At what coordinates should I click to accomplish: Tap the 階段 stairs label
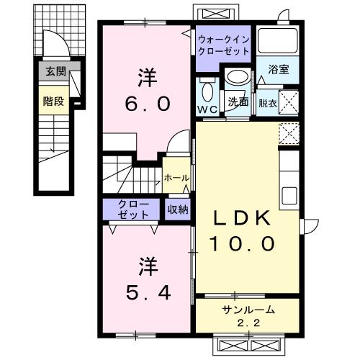(x=53, y=102)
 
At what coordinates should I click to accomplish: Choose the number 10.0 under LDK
(x=243, y=244)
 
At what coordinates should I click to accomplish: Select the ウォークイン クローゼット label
(x=224, y=45)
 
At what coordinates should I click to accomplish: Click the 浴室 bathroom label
(x=279, y=70)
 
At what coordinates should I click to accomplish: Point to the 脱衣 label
(x=266, y=103)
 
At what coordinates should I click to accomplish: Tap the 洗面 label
(x=238, y=103)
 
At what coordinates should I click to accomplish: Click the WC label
(x=207, y=109)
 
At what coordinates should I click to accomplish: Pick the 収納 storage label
(x=178, y=210)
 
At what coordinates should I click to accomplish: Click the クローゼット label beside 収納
(x=135, y=210)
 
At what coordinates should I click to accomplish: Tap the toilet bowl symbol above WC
(x=207, y=91)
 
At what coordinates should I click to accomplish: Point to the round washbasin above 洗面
(x=235, y=78)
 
